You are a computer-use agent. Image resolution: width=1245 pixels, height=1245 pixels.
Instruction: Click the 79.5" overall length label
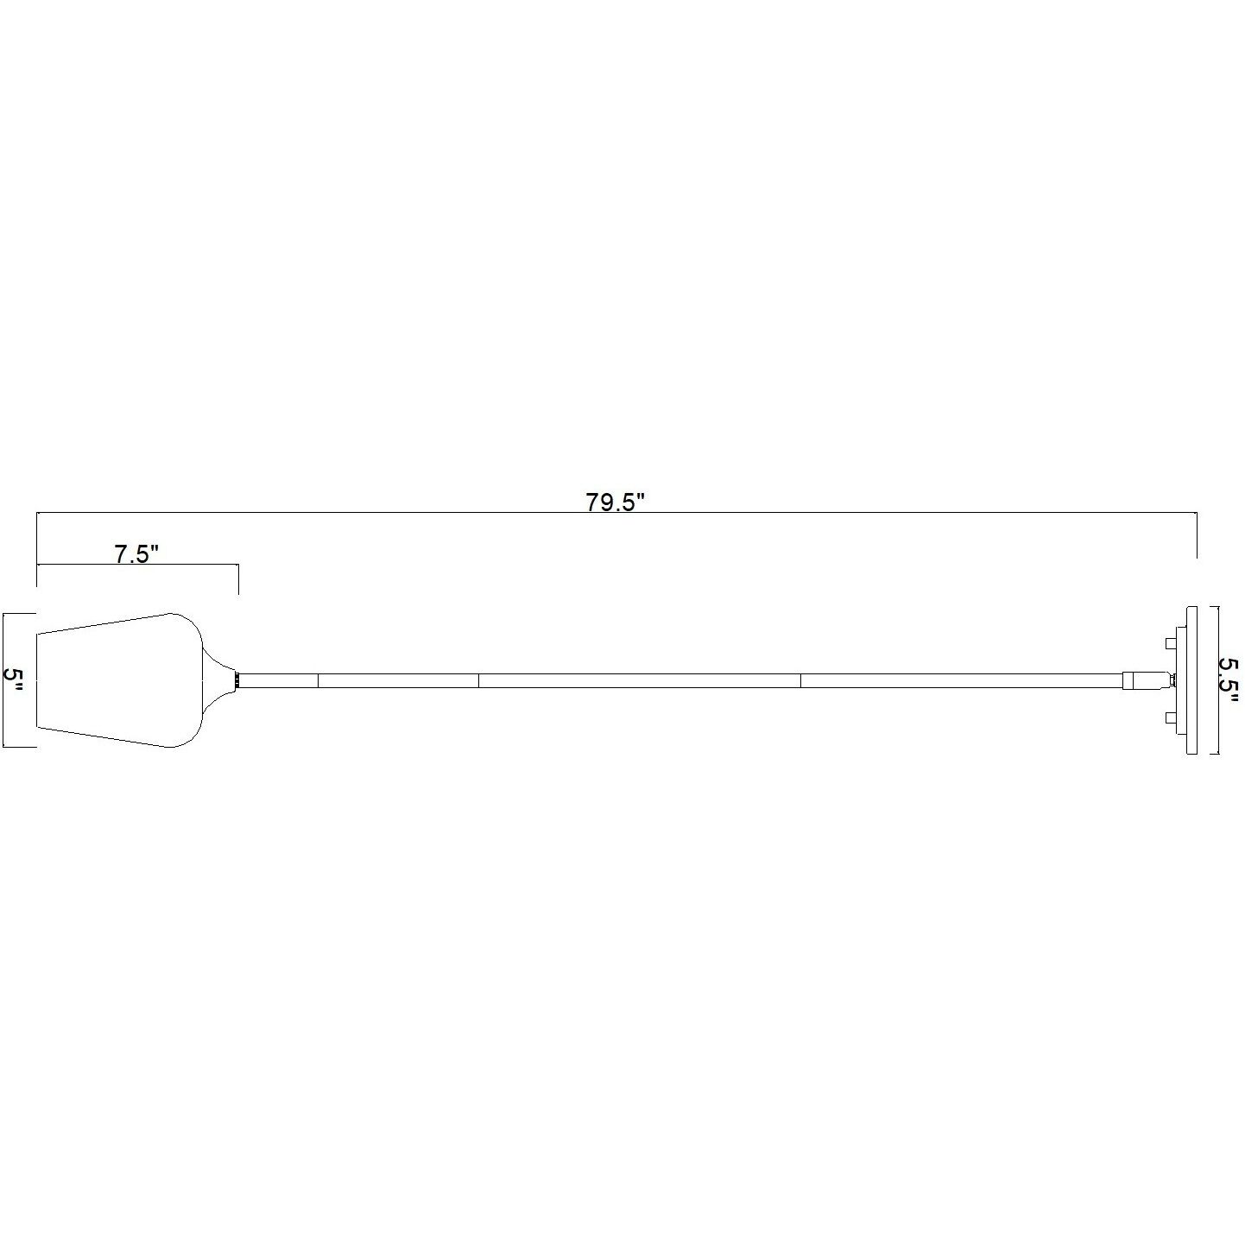[616, 502]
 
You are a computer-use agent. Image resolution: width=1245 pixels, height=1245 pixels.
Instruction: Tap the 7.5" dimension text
[137, 553]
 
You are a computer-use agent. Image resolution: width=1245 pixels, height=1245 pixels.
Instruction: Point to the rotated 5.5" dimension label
[1229, 679]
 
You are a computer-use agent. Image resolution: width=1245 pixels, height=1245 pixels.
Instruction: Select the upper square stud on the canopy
[1171, 643]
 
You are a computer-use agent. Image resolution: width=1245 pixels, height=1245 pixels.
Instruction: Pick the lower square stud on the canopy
[1171, 717]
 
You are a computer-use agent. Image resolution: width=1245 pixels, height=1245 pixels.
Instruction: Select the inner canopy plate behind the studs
[1182, 680]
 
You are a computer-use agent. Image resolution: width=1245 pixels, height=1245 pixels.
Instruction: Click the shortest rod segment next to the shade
[278, 680]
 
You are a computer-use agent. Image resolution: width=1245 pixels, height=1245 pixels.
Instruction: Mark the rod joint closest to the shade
[319, 680]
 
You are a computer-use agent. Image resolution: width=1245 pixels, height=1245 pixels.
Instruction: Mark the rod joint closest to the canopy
[801, 680]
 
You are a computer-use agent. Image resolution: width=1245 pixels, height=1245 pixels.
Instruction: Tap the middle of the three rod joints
[478, 680]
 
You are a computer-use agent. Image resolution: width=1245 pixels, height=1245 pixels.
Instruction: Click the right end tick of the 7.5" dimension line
[238, 578]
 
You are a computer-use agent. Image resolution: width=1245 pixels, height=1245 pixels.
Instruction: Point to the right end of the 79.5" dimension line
[1197, 535]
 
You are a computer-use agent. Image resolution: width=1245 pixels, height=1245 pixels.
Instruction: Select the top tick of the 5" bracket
[19, 614]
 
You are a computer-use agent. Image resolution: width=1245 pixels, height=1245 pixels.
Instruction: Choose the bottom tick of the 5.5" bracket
[1214, 755]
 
